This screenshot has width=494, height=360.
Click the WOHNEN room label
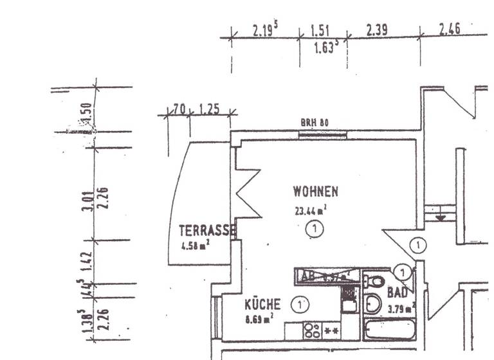point(315,191)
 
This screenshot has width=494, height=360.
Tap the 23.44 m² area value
point(311,209)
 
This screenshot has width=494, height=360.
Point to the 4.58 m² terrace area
point(196,244)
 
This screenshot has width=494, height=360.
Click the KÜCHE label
point(262,304)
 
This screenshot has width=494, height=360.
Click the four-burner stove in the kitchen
point(312,330)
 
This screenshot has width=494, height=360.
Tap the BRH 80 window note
point(315,122)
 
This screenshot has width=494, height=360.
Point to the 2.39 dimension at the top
point(378,30)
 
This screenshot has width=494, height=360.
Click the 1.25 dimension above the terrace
point(209,109)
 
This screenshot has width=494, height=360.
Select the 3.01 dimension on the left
point(87,199)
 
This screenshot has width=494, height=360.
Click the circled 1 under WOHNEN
point(314,228)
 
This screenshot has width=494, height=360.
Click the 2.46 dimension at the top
point(450,30)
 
